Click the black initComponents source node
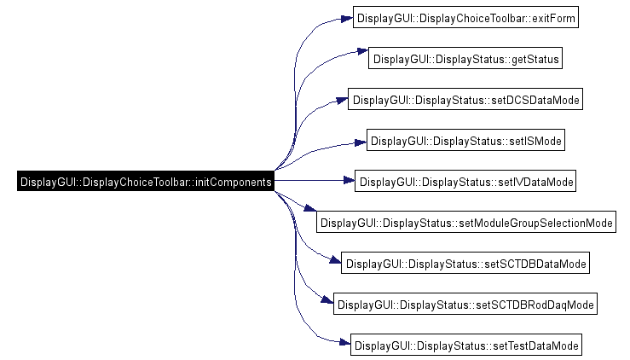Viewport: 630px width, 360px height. coord(146,181)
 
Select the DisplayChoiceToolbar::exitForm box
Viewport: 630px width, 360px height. coord(465,17)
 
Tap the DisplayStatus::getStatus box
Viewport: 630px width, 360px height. coord(465,58)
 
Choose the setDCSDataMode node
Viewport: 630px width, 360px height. coord(465,99)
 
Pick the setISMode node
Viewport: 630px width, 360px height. coord(465,140)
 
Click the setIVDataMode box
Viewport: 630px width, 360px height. coord(465,181)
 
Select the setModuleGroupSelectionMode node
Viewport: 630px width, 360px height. coord(466,222)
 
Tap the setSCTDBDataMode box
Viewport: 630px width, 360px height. coord(465,263)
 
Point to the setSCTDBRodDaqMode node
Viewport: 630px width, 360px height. coord(465,304)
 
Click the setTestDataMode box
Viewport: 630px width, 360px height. coord(466,345)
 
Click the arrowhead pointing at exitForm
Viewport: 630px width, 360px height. coord(347,19)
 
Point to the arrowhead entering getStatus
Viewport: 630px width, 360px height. coord(362,51)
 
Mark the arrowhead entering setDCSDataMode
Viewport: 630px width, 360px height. coord(342,101)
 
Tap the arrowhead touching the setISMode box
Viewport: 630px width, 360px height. coord(361,142)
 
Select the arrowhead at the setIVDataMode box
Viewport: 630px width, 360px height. coord(349,181)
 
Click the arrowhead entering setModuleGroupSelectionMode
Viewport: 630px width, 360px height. coord(310,208)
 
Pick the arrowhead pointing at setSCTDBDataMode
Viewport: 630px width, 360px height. coord(335,260)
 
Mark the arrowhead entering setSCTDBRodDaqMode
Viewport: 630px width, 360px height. coord(327,299)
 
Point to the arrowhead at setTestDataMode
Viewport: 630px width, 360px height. coord(344,342)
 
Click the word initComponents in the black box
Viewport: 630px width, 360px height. coord(233,183)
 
